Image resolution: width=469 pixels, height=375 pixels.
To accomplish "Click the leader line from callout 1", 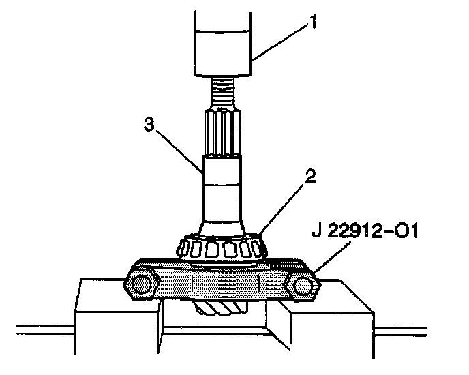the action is click(x=279, y=41).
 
